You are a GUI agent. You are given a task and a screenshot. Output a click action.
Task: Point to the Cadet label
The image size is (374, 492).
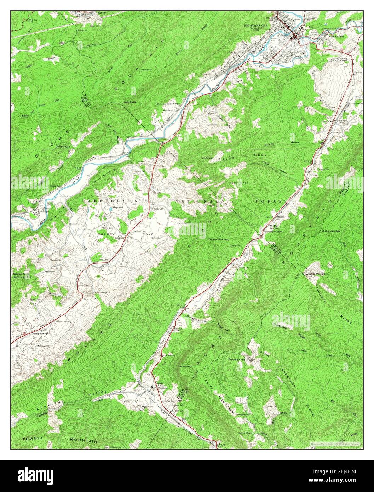coord(232,52)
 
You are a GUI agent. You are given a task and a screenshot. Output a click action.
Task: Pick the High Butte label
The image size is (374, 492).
coord(129,102)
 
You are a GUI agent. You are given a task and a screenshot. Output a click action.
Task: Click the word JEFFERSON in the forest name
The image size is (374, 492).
coord(113,201)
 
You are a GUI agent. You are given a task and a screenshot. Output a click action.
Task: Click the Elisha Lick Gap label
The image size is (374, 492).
coord(330,231)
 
